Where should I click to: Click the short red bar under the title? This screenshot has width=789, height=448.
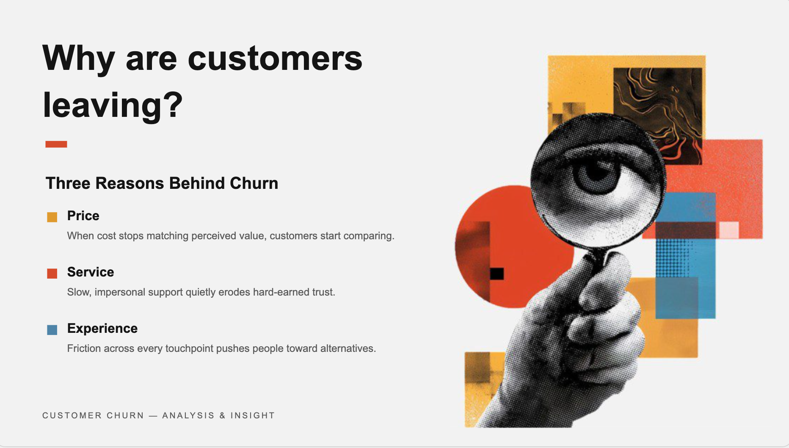56,144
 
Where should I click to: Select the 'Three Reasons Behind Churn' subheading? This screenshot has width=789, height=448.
162,183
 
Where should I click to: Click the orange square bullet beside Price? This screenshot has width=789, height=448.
52,217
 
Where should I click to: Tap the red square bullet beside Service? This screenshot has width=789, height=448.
52,273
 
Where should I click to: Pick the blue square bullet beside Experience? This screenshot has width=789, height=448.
52,329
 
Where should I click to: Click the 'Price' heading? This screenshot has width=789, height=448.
83,216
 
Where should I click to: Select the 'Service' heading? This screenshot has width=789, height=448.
91,272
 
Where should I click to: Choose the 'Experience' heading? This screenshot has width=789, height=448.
102,329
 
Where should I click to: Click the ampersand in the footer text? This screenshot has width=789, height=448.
222,415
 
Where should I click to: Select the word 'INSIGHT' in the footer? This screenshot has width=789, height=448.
253,415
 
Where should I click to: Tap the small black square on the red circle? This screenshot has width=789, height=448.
497,274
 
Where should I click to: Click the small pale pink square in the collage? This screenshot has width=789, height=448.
729,230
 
